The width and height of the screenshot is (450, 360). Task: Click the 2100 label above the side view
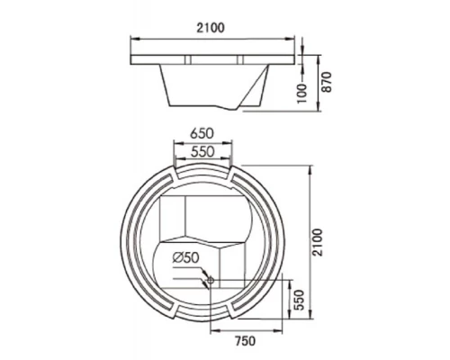pyautogui.click(x=211, y=28)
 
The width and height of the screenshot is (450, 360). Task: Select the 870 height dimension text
pyautogui.click(x=327, y=82)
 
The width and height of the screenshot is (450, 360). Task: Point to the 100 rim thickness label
pyautogui.click(x=302, y=94)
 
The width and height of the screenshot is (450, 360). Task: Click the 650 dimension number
pyautogui.click(x=202, y=133)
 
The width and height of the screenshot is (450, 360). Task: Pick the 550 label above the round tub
pyautogui.click(x=202, y=152)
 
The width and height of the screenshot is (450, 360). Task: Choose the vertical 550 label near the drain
pyautogui.click(x=299, y=300)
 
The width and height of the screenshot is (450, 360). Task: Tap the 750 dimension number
pyautogui.click(x=245, y=341)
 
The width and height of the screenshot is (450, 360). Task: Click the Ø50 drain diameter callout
pyautogui.click(x=185, y=257)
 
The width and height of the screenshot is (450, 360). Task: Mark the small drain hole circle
pyautogui.click(x=211, y=281)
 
